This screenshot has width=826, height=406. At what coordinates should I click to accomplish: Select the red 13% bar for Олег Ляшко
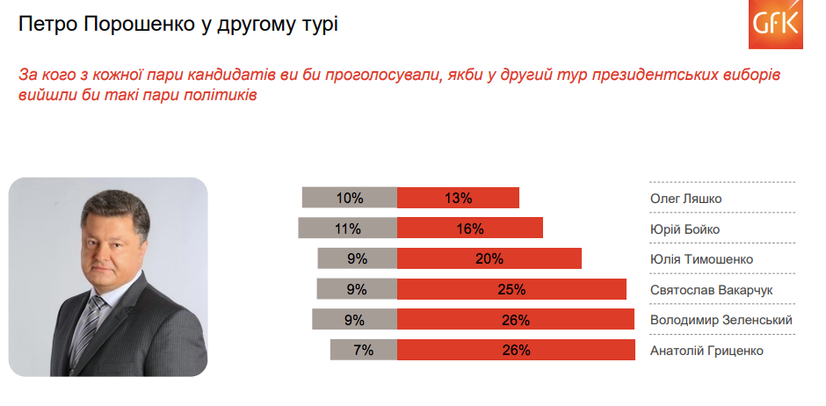[x=458, y=198]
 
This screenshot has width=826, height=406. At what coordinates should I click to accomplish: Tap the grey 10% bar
[x=349, y=198]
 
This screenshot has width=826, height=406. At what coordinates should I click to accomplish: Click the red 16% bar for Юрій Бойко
[x=470, y=228]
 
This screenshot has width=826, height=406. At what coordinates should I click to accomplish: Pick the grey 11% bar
[x=348, y=228]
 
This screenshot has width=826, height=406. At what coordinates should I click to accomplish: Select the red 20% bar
[x=489, y=258]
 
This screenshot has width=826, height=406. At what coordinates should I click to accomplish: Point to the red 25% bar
[x=511, y=289]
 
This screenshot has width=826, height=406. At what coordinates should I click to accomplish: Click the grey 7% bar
[x=364, y=350]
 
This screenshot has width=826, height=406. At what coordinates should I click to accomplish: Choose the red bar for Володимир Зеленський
[x=516, y=320]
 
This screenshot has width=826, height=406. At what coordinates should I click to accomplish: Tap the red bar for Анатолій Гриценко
[x=516, y=350]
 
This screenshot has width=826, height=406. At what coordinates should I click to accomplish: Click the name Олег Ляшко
[x=685, y=199]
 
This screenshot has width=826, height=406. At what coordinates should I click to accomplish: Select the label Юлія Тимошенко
[x=701, y=259]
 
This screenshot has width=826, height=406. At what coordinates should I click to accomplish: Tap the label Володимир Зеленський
[x=721, y=320]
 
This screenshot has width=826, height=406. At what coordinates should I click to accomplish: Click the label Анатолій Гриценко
[x=706, y=351]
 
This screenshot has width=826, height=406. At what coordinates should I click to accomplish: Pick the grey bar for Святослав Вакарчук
[x=357, y=289]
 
